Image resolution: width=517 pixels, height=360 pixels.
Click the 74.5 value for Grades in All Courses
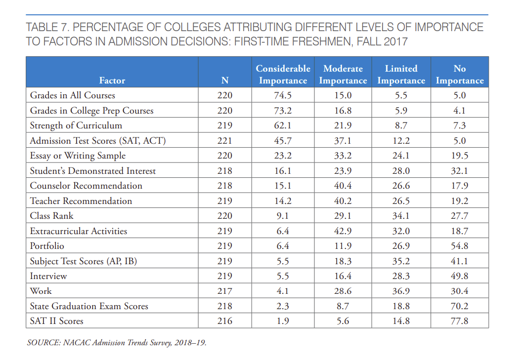(x=283, y=95)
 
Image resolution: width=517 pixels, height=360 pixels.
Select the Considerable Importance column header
(x=283, y=75)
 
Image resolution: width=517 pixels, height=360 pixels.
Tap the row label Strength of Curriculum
(x=76, y=125)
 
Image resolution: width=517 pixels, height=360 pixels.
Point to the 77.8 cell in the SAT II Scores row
(x=460, y=321)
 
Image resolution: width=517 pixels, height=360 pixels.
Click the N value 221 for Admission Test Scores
(x=224, y=141)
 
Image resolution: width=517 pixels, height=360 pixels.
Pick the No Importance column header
(x=460, y=75)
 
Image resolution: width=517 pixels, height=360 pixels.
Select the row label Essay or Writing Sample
(x=78, y=156)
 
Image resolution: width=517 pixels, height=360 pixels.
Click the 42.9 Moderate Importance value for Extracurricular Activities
(x=343, y=231)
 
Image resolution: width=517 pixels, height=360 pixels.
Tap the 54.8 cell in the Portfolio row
(x=460, y=246)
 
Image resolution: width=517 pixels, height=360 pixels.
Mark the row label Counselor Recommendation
(x=86, y=186)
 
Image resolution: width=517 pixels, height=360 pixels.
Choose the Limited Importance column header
(x=401, y=75)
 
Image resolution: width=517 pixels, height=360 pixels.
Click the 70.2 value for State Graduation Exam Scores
(x=460, y=306)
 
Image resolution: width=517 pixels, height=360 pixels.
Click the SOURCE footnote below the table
(x=116, y=342)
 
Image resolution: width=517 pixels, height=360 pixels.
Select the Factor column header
(x=112, y=80)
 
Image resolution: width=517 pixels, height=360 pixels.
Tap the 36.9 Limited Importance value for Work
(x=401, y=291)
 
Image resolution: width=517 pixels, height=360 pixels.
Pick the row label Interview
(x=48, y=276)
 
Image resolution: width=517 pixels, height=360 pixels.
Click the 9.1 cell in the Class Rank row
(x=283, y=216)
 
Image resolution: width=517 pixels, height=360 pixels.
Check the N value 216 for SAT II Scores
(x=224, y=321)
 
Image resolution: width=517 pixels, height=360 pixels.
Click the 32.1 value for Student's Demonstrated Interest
(x=460, y=171)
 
